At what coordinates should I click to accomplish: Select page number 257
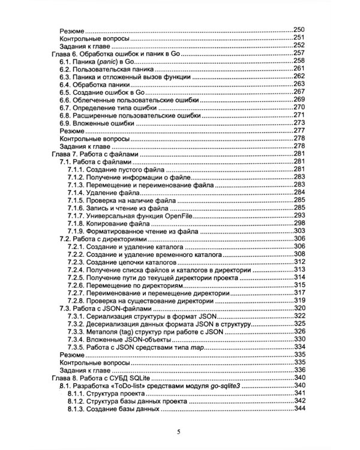[299, 53]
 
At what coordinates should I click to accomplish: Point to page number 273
[299, 122]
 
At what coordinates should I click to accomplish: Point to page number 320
[299, 308]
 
